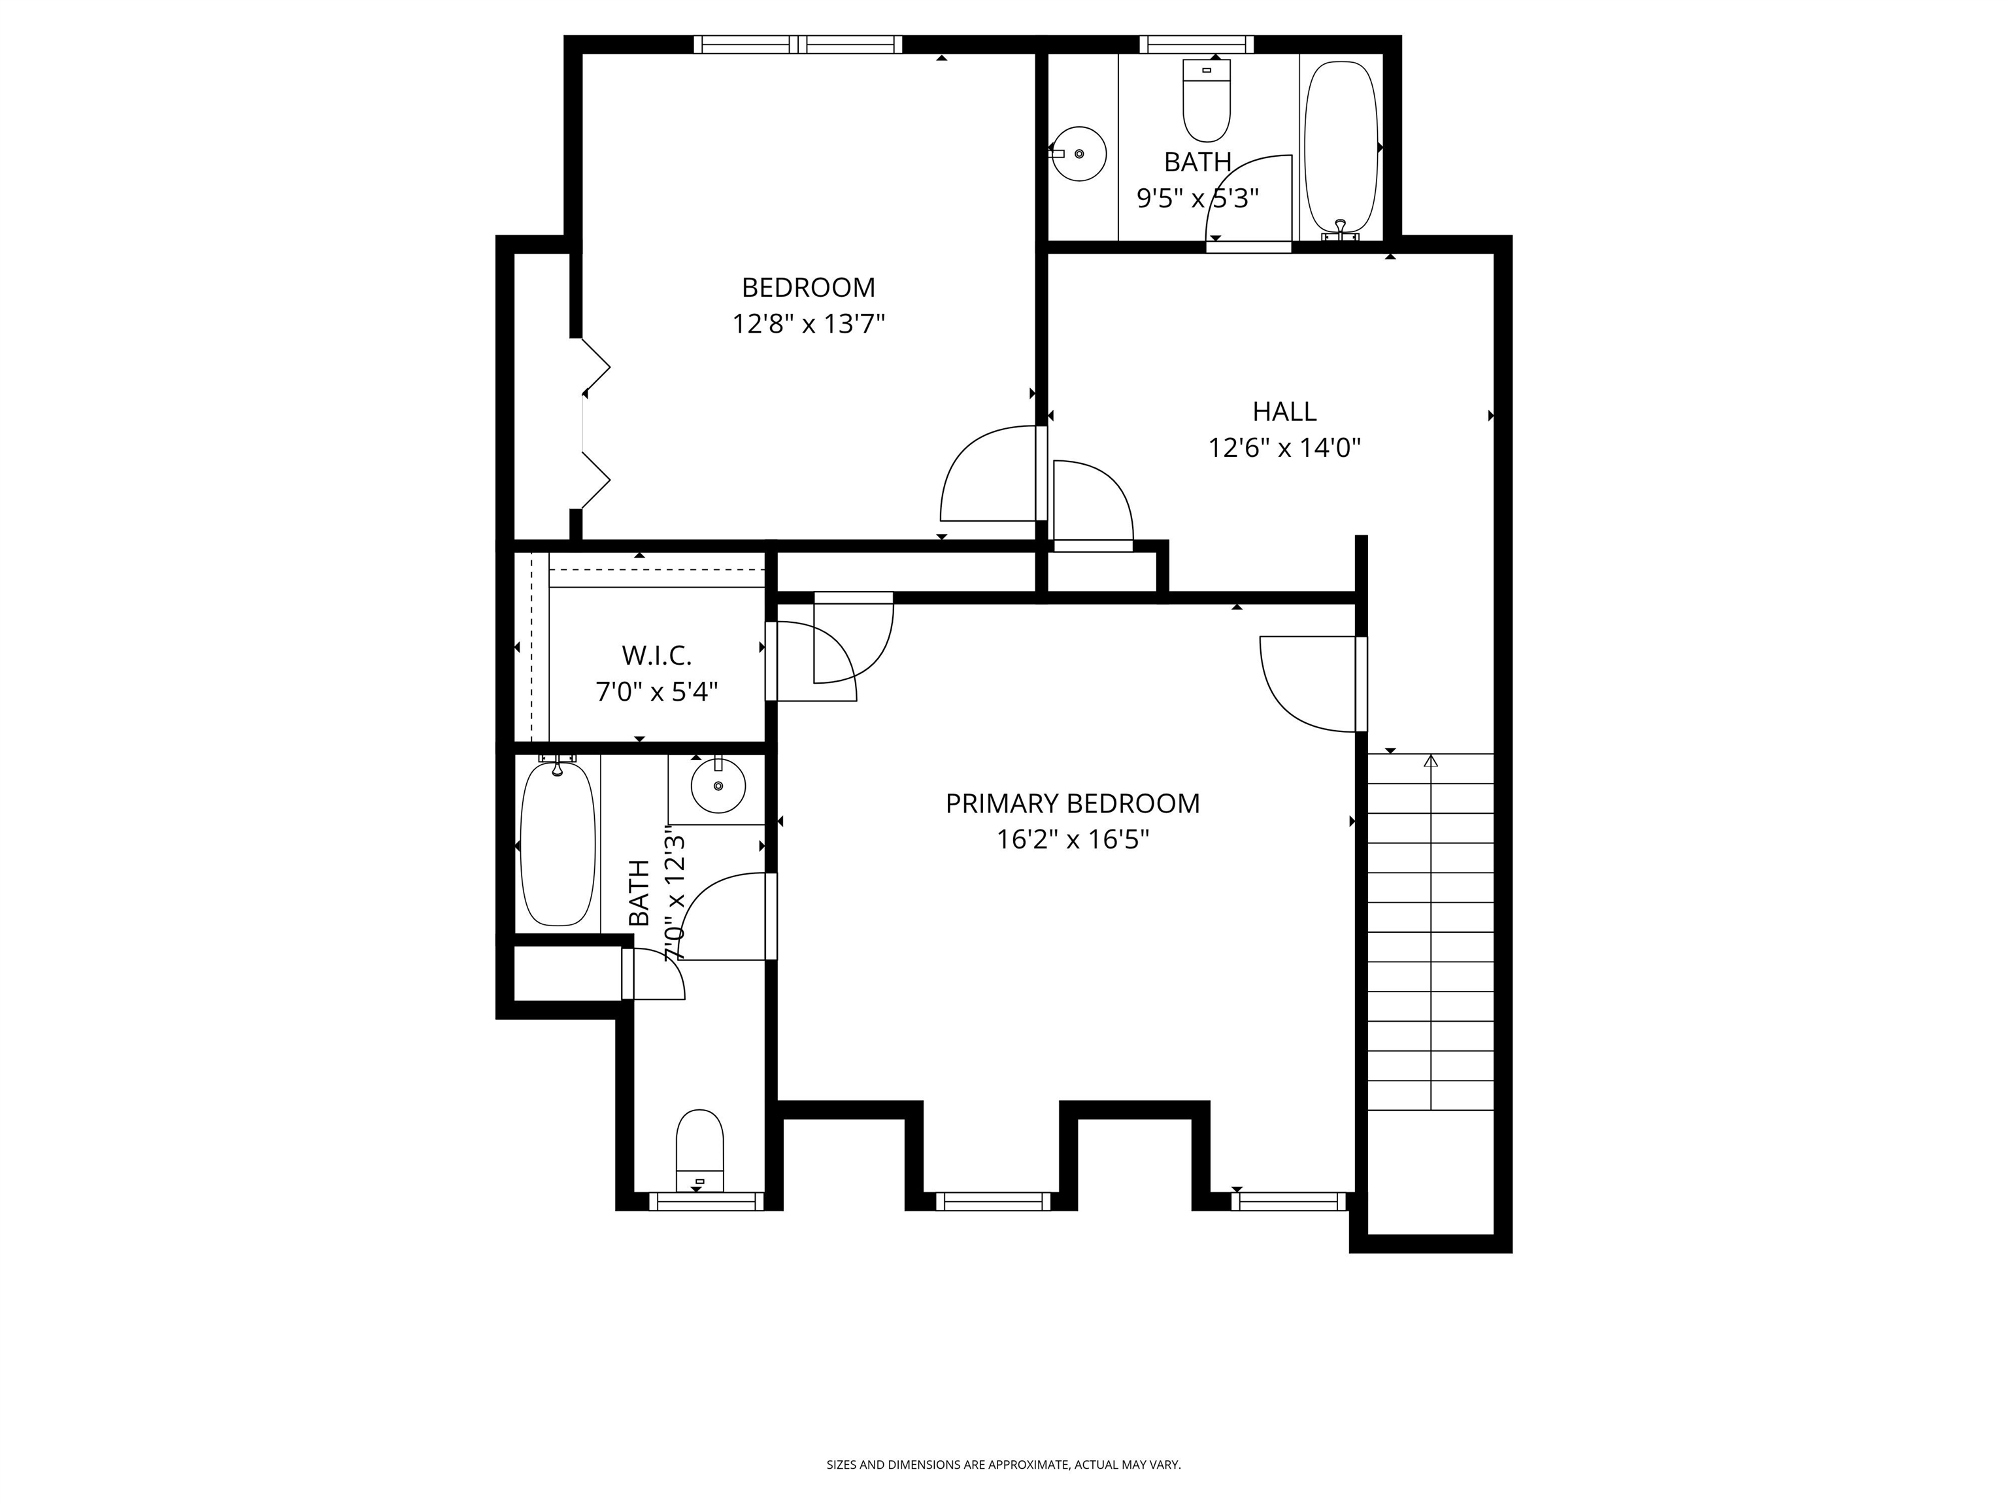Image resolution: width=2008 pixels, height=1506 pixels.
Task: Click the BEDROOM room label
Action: click(x=808, y=288)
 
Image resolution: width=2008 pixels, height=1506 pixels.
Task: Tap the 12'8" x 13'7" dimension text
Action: click(x=808, y=324)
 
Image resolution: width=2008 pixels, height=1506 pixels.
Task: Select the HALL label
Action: click(x=1284, y=412)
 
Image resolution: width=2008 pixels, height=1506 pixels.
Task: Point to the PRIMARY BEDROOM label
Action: click(x=1072, y=803)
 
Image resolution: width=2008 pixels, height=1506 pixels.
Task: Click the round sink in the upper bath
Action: click(x=1079, y=154)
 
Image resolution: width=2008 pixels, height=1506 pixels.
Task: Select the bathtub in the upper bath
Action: click(x=1341, y=147)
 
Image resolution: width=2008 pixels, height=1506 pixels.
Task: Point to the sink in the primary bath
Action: click(x=718, y=785)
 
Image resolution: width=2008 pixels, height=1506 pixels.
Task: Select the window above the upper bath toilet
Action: click(x=1196, y=44)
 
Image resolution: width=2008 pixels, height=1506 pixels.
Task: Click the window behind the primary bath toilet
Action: click(x=706, y=1201)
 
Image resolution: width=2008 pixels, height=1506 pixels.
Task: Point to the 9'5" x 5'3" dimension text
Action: click(x=1197, y=198)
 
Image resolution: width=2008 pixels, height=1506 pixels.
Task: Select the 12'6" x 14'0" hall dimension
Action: click(x=1284, y=448)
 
